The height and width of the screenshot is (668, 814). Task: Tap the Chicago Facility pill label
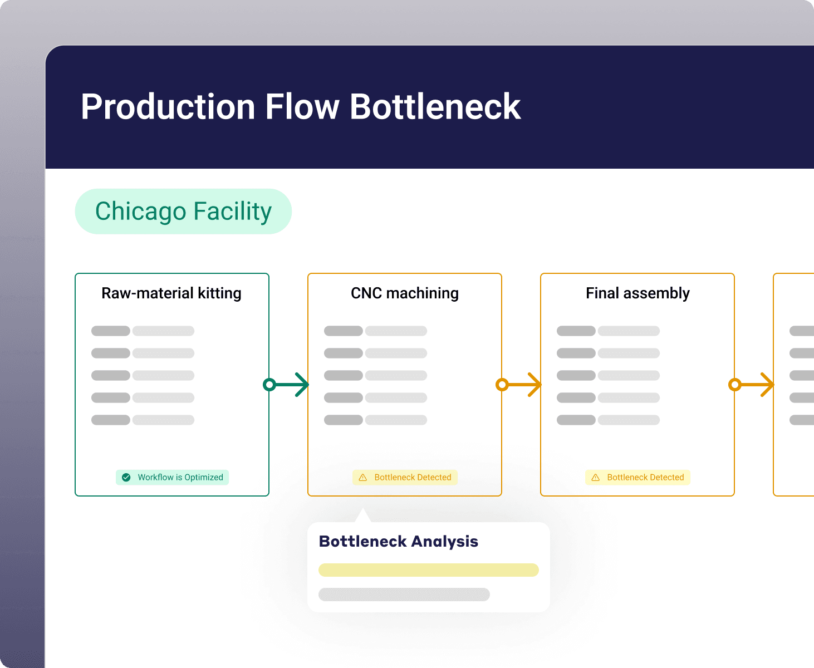[x=183, y=212]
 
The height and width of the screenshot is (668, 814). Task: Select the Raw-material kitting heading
[x=171, y=293]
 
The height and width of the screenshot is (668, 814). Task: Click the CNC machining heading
[x=405, y=293]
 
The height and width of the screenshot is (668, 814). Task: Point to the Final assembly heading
[x=638, y=293]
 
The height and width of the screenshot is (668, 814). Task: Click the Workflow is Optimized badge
[x=172, y=478]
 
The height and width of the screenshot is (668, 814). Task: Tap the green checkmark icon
[x=126, y=478]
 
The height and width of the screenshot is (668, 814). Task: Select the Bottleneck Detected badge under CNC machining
[x=405, y=478]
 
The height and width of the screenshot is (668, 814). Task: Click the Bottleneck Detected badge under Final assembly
[x=638, y=478]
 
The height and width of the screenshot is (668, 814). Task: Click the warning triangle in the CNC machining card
[x=363, y=478]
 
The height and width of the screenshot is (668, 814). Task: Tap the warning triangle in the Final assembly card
[x=596, y=478]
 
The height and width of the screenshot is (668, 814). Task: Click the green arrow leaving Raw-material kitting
[x=286, y=384]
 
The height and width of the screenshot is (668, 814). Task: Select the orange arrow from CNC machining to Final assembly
[x=518, y=384]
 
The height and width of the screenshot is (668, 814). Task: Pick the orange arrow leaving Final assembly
[x=751, y=384]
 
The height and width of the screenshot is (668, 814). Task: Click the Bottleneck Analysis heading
[x=398, y=542]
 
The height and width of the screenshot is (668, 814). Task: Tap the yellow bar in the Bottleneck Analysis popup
[x=428, y=570]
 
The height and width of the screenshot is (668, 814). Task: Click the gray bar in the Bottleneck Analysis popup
[x=404, y=595]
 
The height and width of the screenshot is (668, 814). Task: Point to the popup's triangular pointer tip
[x=363, y=508]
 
